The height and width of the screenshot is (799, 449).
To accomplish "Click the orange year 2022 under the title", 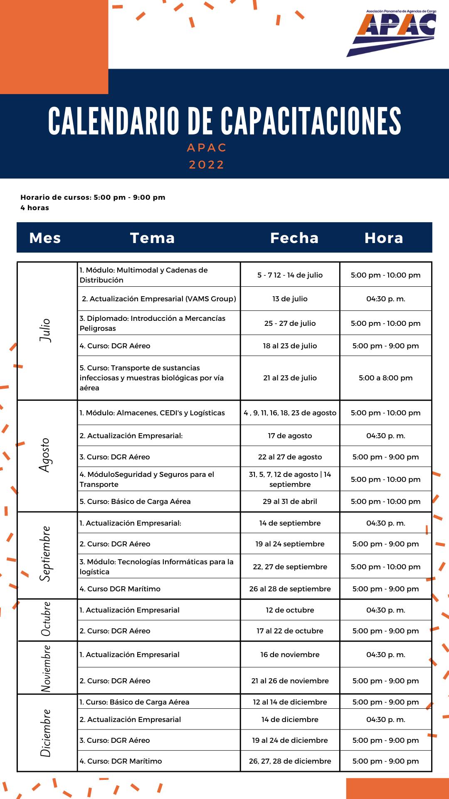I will pyautogui.click(x=207, y=165).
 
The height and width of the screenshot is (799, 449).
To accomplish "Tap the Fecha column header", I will pyautogui.click(x=294, y=238).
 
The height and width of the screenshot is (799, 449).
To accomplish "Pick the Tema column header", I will pyautogui.click(x=152, y=238).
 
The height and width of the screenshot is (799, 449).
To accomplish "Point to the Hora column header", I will pyautogui.click(x=384, y=238).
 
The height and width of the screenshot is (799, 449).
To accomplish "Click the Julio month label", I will pyautogui.click(x=45, y=330).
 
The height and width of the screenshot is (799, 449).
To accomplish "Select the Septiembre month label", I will pyautogui.click(x=45, y=554).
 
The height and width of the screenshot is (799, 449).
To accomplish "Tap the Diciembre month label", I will pyautogui.click(x=45, y=733).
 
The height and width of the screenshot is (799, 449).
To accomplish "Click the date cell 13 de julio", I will pyautogui.click(x=290, y=299).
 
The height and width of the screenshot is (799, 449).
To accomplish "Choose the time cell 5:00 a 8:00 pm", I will pyautogui.click(x=385, y=378).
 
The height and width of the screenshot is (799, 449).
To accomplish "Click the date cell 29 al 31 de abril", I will pyautogui.click(x=290, y=501).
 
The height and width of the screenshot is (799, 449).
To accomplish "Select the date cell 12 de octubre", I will pyautogui.click(x=290, y=610).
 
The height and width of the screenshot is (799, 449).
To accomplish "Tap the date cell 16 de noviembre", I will pyautogui.click(x=290, y=655).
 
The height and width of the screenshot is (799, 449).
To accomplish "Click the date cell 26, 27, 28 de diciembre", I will pyautogui.click(x=290, y=761).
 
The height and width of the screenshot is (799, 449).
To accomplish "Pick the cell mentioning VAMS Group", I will pyautogui.click(x=159, y=299).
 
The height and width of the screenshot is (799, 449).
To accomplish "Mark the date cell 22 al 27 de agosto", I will pyautogui.click(x=290, y=457).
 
